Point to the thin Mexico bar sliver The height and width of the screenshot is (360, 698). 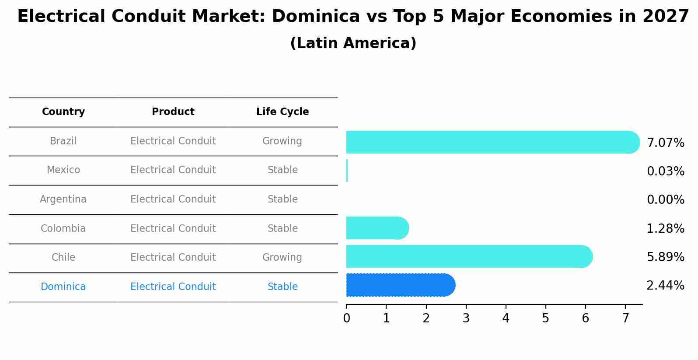(347, 171)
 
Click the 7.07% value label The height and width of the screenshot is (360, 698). (665, 143)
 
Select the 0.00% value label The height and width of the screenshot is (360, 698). (665, 200)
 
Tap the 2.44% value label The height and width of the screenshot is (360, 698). (665, 286)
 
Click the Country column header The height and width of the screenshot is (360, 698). (63, 112)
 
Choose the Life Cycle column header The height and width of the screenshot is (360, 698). (283, 112)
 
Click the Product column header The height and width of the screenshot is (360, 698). (173, 112)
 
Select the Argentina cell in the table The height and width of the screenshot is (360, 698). (63, 199)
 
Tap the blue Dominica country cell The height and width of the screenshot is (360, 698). (63, 287)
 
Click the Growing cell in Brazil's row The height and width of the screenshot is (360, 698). (282, 141)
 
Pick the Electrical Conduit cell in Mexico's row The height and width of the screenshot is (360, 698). (173, 170)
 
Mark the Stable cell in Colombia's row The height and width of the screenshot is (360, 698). (283, 229)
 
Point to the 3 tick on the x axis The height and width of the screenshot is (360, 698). (466, 318)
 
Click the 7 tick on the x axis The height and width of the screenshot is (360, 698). (625, 318)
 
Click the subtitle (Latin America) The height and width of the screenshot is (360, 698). (353, 43)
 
